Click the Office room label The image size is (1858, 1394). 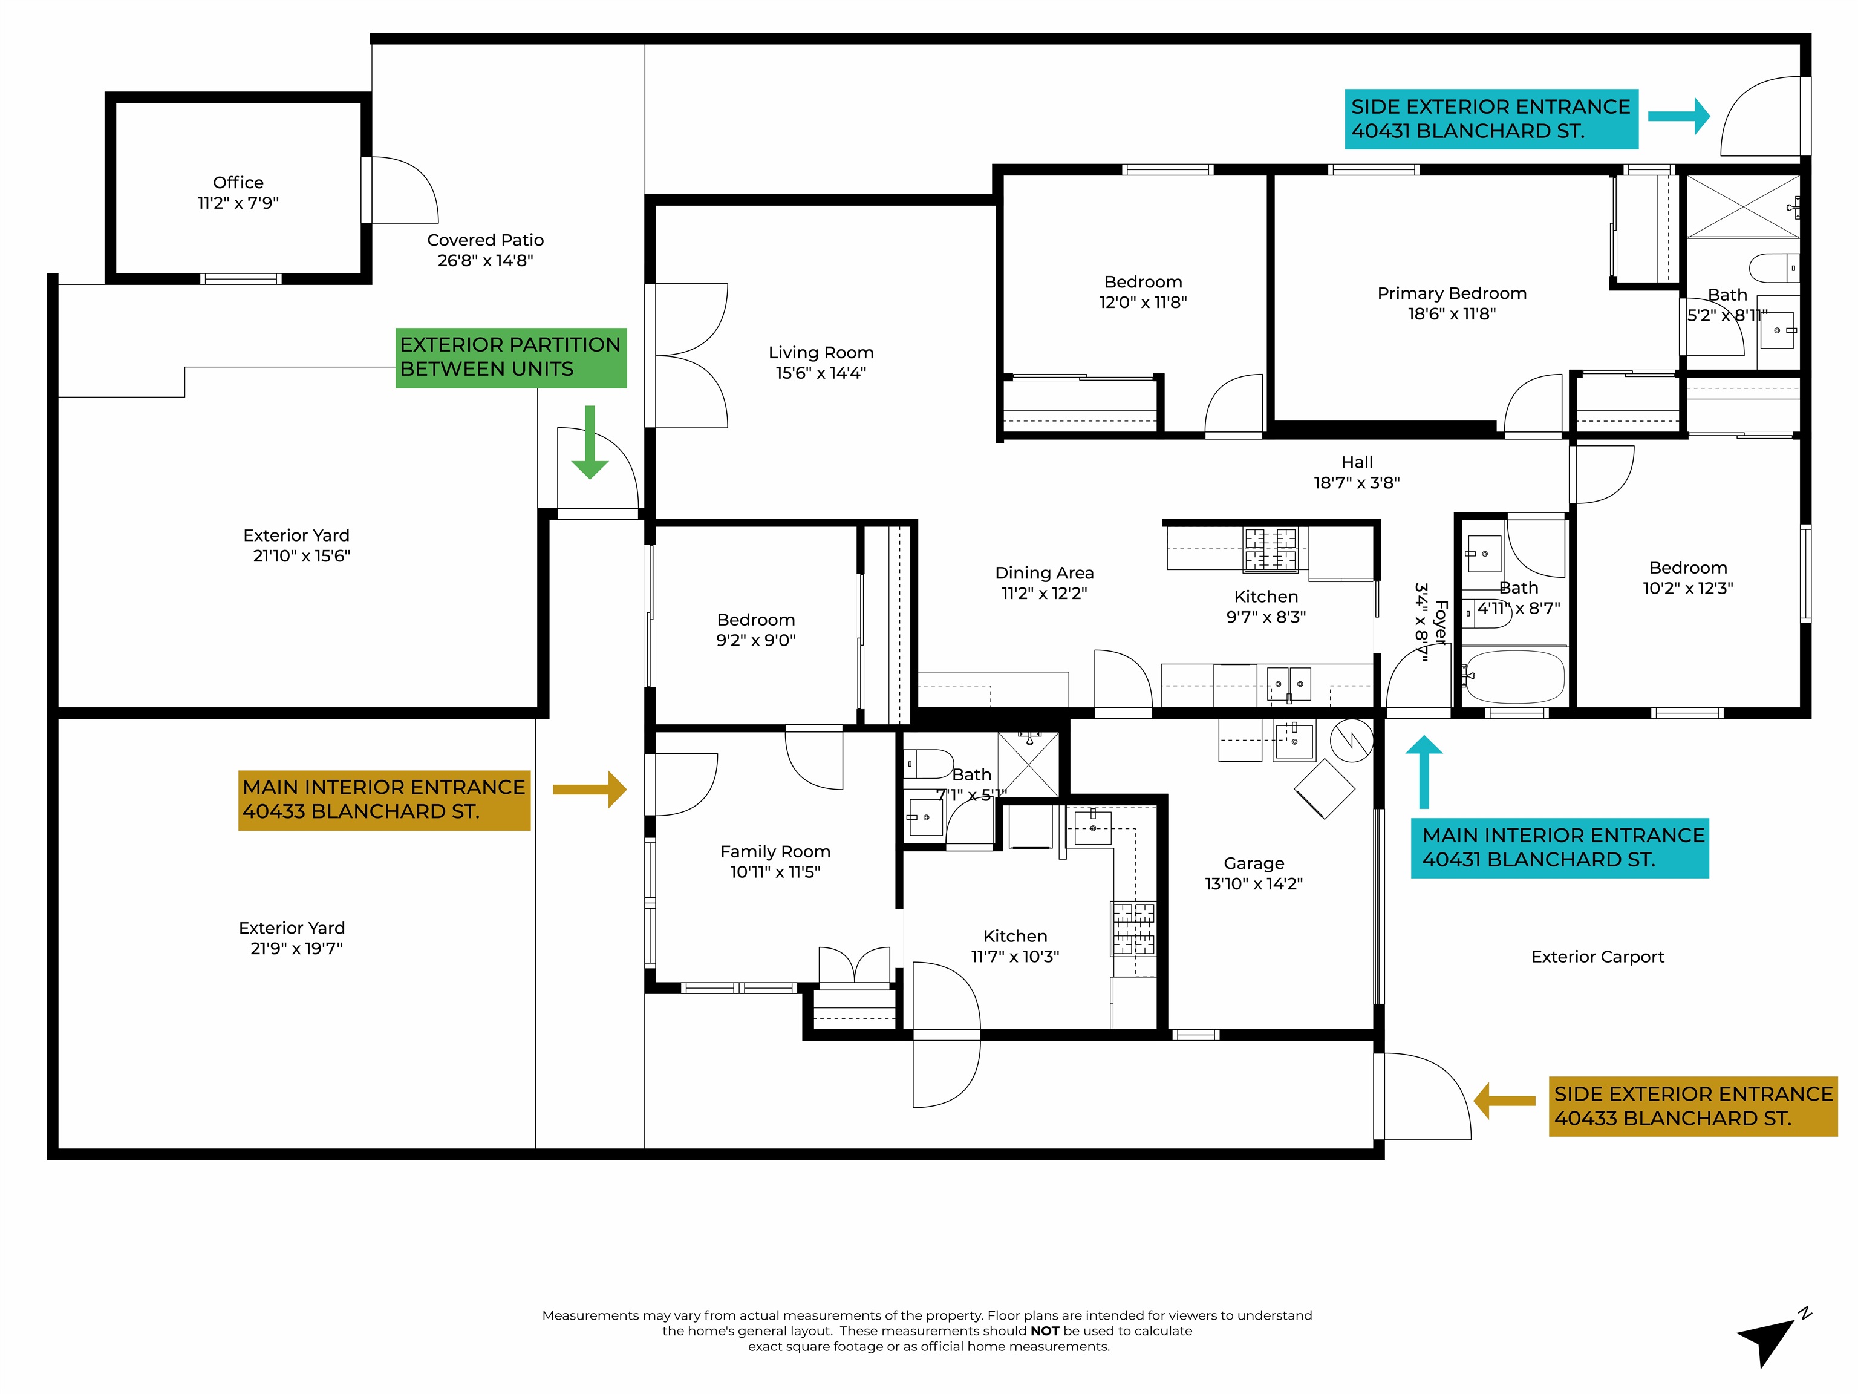(x=238, y=182)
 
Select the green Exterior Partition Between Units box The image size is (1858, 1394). (x=510, y=357)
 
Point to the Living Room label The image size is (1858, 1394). (x=821, y=353)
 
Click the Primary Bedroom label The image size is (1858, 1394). (x=1452, y=293)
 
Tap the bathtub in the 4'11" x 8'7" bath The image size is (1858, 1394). (x=1514, y=676)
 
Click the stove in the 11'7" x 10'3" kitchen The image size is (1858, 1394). (x=1133, y=929)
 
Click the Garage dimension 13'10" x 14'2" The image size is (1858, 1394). (x=1253, y=883)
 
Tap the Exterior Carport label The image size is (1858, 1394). (x=1597, y=956)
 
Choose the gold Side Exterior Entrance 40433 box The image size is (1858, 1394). (x=1692, y=1106)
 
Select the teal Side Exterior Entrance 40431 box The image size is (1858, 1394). (x=1490, y=119)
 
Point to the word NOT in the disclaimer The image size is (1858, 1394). (x=1044, y=1331)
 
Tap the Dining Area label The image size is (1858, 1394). (x=1044, y=573)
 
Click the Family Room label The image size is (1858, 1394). (x=774, y=851)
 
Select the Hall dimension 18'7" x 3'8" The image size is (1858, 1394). (x=1356, y=482)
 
